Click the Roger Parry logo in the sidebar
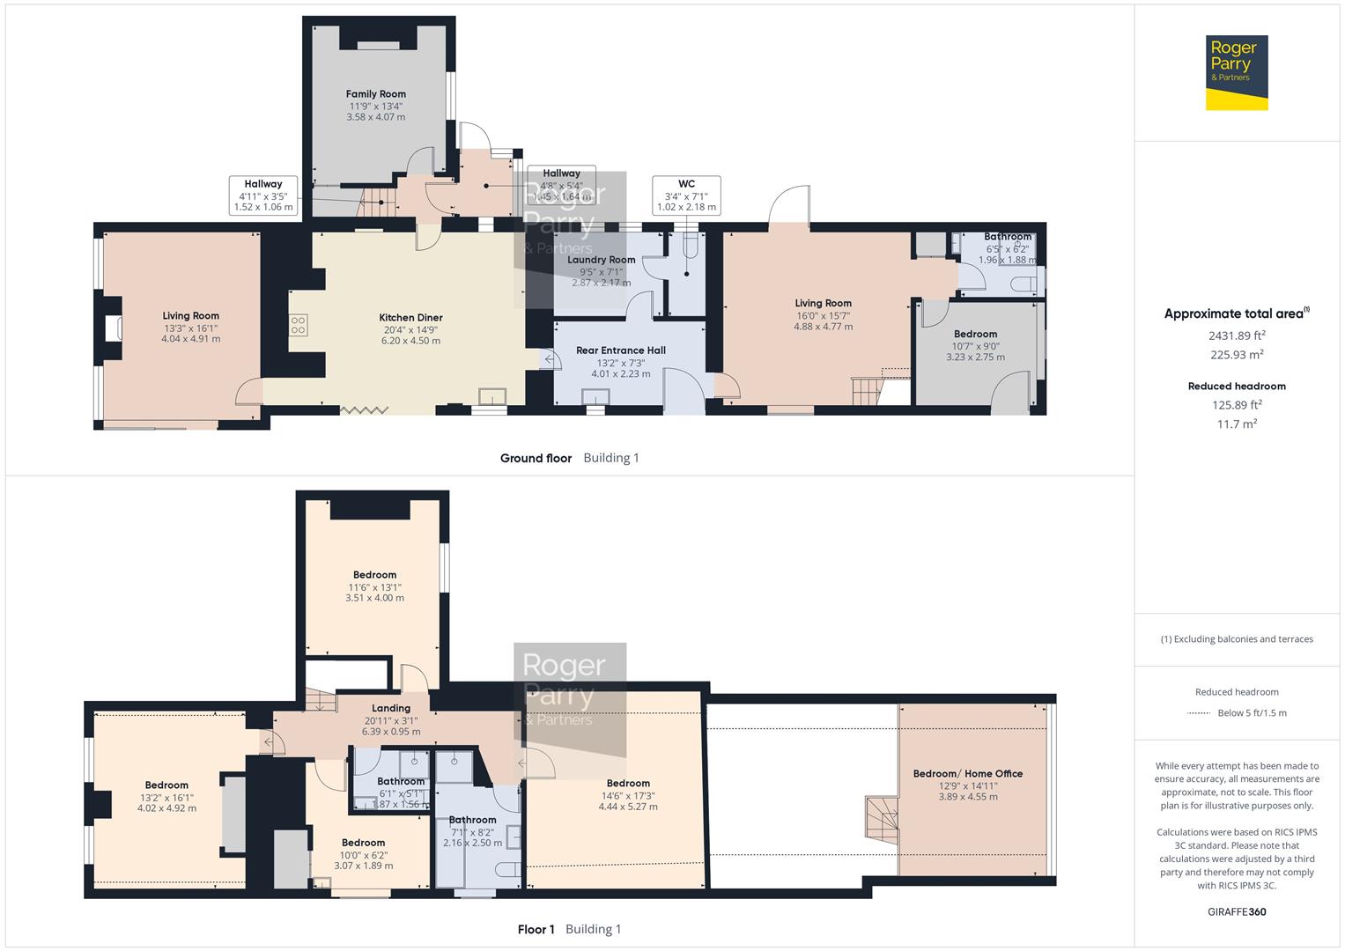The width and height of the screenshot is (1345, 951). [x=1236, y=72]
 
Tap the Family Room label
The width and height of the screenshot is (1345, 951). [x=375, y=94]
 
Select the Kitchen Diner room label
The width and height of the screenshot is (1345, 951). [x=410, y=318]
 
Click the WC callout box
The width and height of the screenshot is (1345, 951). [x=686, y=195]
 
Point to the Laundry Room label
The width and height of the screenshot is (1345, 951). [x=601, y=260]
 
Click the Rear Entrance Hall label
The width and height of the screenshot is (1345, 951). [x=620, y=350]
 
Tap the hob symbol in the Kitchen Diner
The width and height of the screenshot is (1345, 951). [x=298, y=325]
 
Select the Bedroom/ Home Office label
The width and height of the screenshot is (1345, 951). [x=967, y=774]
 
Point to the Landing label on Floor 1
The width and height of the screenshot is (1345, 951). [x=390, y=708]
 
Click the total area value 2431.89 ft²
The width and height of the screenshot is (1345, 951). [x=1236, y=335]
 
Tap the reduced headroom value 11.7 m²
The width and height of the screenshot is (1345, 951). [x=1236, y=424]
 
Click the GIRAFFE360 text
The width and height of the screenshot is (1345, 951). [x=1236, y=911]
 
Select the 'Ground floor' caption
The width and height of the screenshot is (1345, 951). [x=536, y=458]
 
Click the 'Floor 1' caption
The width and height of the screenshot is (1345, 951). [x=536, y=929]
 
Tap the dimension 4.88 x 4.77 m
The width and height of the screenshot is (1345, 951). [x=823, y=327]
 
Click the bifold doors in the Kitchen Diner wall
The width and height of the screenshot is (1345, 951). [x=364, y=409]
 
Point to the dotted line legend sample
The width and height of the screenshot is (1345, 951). [x=1199, y=713]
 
